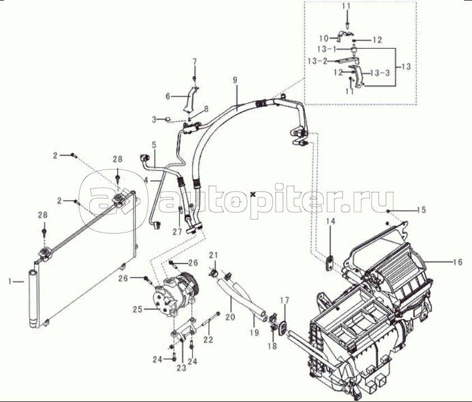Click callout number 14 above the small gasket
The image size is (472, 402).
point(331,222)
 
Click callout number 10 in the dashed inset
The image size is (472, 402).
point(324,38)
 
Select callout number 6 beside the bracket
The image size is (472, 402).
point(167,97)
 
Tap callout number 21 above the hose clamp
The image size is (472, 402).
point(214,257)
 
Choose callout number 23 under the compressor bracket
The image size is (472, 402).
point(181,368)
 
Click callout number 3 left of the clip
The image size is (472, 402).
point(154,120)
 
